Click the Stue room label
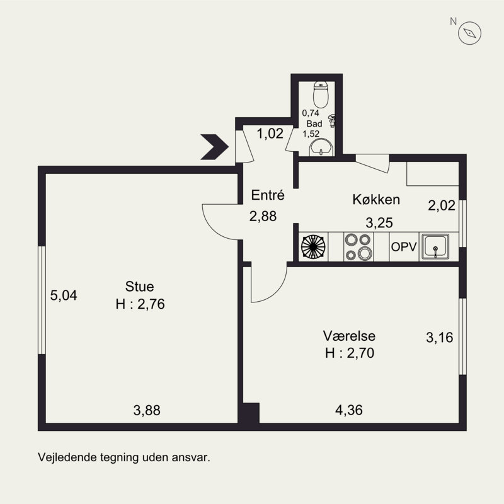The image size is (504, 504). (x=139, y=287)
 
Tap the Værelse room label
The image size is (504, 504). (x=349, y=336)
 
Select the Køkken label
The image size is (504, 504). (x=376, y=200)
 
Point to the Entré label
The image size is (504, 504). (x=268, y=195)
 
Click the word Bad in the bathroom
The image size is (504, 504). (x=314, y=123)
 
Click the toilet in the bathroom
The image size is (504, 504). (x=321, y=94)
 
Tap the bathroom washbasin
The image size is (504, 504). (x=321, y=148)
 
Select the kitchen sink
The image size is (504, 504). (x=435, y=247)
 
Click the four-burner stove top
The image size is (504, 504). (x=358, y=247)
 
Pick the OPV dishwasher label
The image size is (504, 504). (x=404, y=247)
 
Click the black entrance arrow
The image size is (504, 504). (x=214, y=147)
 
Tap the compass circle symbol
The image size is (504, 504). (x=469, y=33)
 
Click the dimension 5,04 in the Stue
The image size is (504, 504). (x=64, y=295)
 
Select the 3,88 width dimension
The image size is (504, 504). (x=147, y=411)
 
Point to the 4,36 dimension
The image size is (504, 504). (x=349, y=410)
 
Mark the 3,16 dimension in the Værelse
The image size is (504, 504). (x=439, y=338)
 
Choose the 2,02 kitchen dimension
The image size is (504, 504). (x=442, y=205)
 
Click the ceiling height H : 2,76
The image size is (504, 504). (x=140, y=304)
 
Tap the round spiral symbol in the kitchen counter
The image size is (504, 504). (x=313, y=247)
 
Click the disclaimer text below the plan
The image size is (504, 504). (x=124, y=457)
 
